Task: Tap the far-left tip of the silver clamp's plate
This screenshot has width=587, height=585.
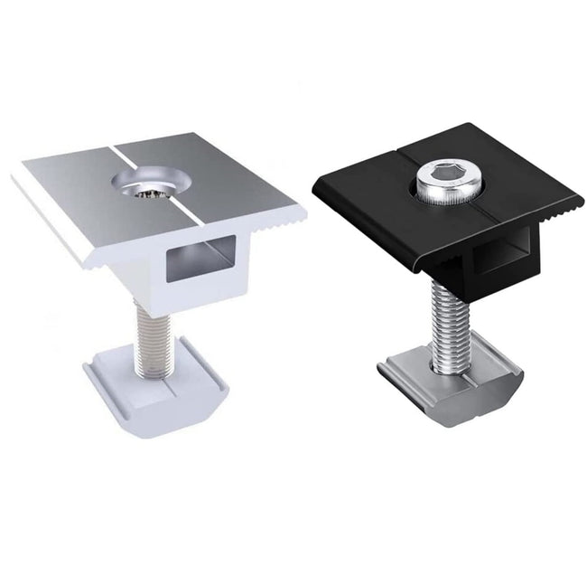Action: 14,175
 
